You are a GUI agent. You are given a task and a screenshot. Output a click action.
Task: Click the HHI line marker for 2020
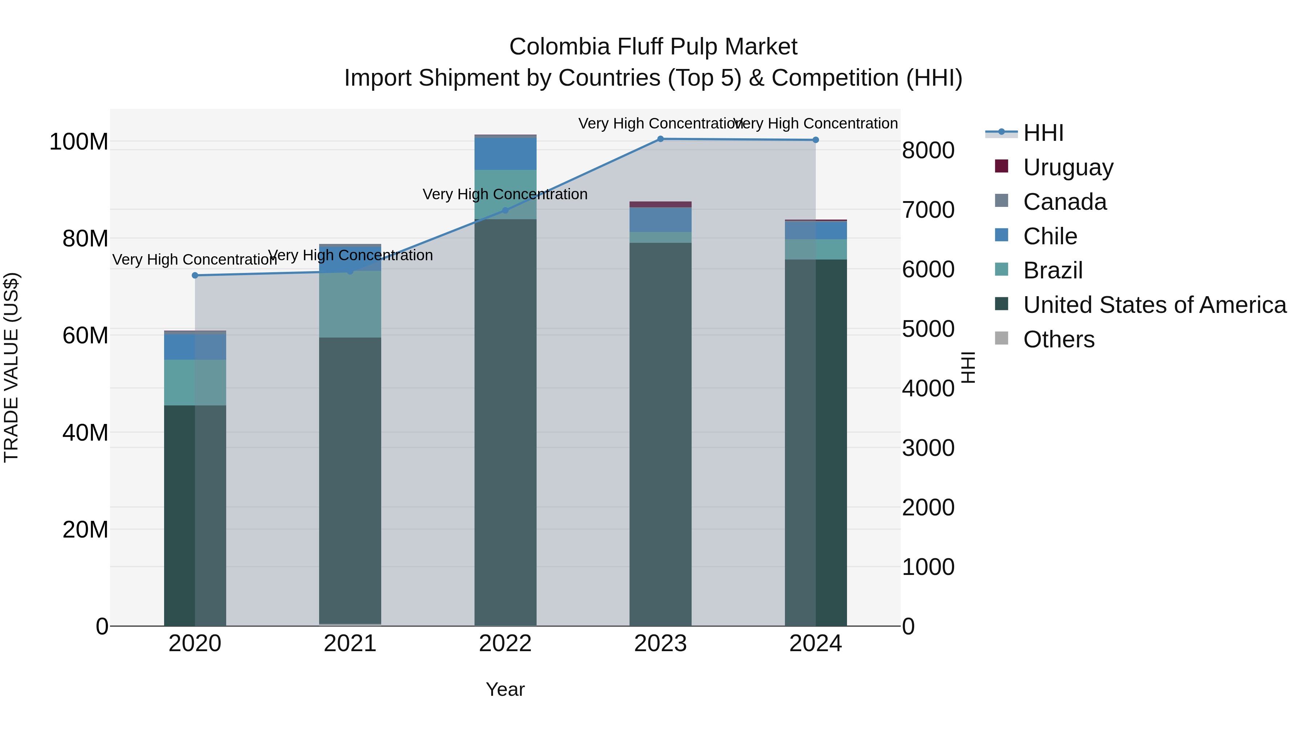195,275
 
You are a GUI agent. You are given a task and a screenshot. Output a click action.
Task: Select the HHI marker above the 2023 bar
660,139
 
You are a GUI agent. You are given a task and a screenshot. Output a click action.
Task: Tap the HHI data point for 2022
505,211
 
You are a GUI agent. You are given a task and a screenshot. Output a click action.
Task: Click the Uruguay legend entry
1067,167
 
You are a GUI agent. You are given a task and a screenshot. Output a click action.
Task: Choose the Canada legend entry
1064,202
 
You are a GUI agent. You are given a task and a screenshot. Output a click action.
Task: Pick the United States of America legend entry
1154,305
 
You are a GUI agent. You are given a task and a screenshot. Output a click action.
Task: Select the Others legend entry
1058,339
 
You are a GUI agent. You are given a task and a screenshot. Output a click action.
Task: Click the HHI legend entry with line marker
1043,133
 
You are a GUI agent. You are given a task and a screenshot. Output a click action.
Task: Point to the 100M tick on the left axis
79,142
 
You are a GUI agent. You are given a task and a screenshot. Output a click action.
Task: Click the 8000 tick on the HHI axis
928,150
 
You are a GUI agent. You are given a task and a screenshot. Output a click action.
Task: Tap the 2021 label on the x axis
350,644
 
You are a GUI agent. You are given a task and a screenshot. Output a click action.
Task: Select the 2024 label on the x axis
815,644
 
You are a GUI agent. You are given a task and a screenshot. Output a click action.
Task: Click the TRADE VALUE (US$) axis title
12,367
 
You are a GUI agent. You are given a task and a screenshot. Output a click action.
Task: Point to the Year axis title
505,689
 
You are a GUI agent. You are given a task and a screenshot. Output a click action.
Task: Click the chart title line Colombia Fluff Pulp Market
653,47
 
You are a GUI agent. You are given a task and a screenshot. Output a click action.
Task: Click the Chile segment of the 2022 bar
505,153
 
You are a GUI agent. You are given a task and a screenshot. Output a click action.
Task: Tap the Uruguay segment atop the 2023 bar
660,204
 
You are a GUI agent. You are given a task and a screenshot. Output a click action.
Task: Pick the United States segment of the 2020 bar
195,515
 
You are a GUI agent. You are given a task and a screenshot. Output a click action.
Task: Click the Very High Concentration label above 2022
505,194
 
